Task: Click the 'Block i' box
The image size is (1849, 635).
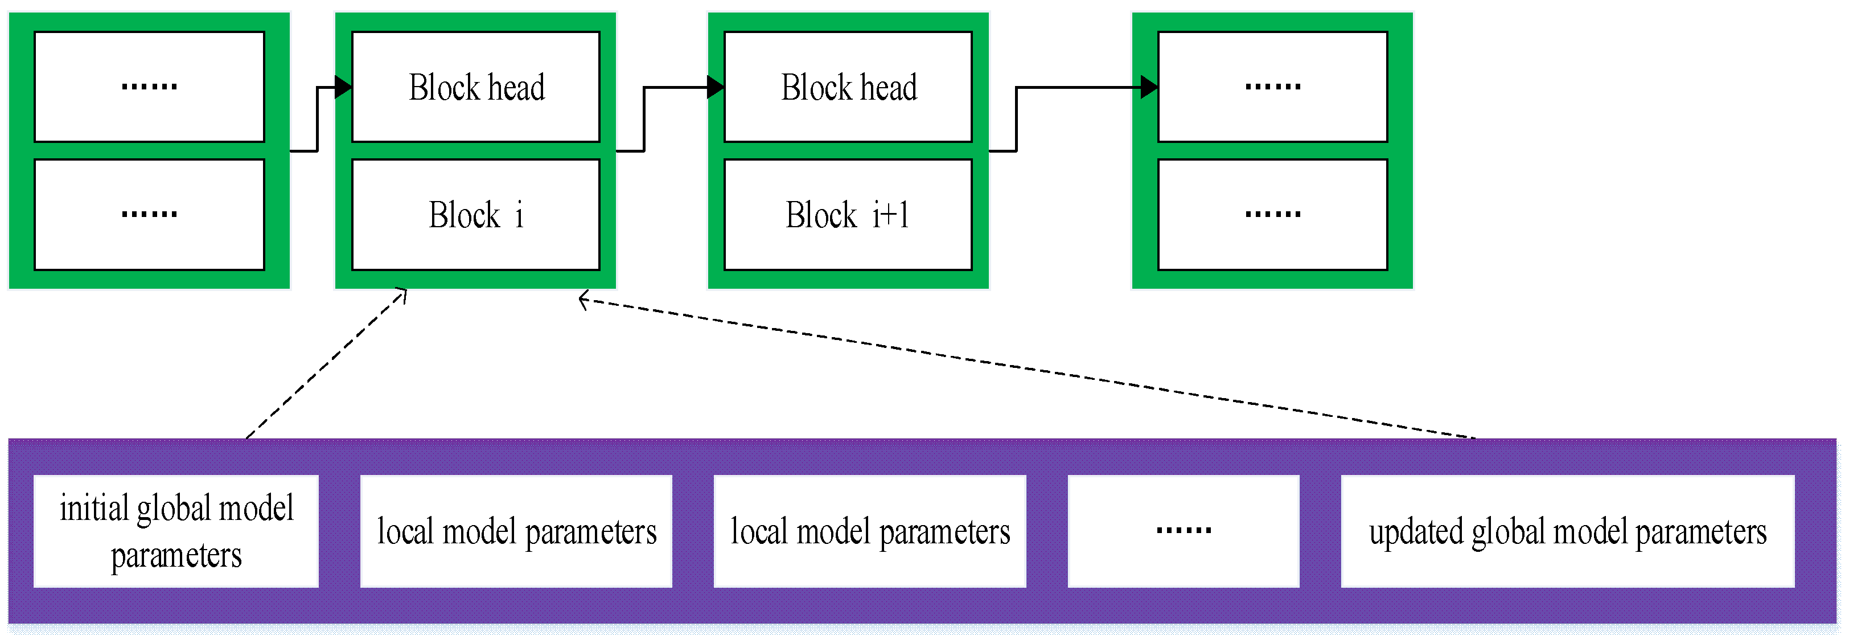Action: (475, 215)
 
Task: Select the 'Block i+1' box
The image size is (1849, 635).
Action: (848, 215)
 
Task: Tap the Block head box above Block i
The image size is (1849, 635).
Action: (475, 87)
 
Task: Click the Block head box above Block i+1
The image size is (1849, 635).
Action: (848, 87)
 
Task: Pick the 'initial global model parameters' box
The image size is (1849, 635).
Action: (176, 531)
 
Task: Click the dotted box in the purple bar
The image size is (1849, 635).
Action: (1183, 531)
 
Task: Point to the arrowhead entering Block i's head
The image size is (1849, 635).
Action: (343, 88)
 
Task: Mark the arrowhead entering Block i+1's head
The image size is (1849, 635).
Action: (716, 88)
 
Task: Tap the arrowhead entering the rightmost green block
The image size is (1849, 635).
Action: (1149, 88)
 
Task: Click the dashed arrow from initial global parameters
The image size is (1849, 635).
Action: (327, 363)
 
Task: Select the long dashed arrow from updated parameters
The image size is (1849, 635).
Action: (1026, 368)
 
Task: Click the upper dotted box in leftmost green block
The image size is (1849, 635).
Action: (149, 87)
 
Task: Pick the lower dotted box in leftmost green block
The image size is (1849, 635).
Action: (149, 215)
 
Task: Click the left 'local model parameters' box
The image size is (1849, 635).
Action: (516, 531)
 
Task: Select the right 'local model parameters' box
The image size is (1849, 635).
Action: (869, 531)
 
